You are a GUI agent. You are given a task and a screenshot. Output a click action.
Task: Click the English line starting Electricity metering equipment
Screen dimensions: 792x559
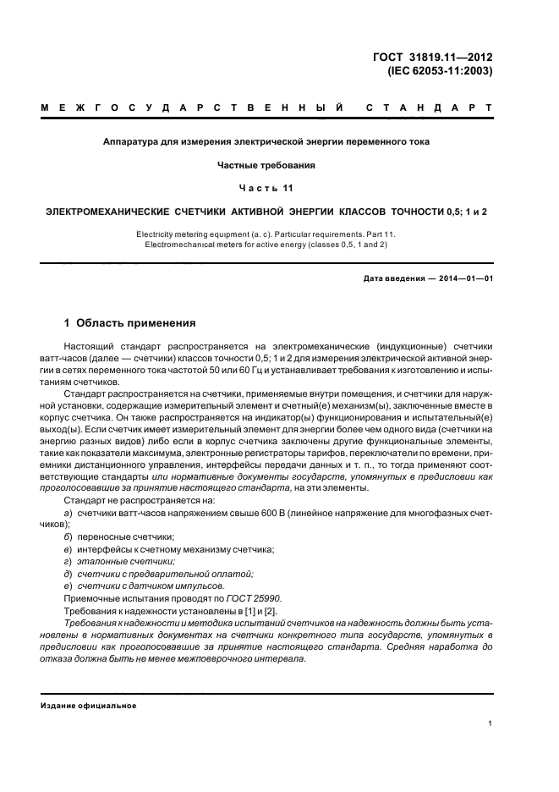[266, 233]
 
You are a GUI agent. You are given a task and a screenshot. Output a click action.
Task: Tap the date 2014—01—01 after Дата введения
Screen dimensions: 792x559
[463, 278]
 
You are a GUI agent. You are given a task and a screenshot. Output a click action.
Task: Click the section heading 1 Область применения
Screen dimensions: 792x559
[130, 323]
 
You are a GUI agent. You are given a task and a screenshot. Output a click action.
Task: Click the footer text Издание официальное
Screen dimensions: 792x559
[89, 705]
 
